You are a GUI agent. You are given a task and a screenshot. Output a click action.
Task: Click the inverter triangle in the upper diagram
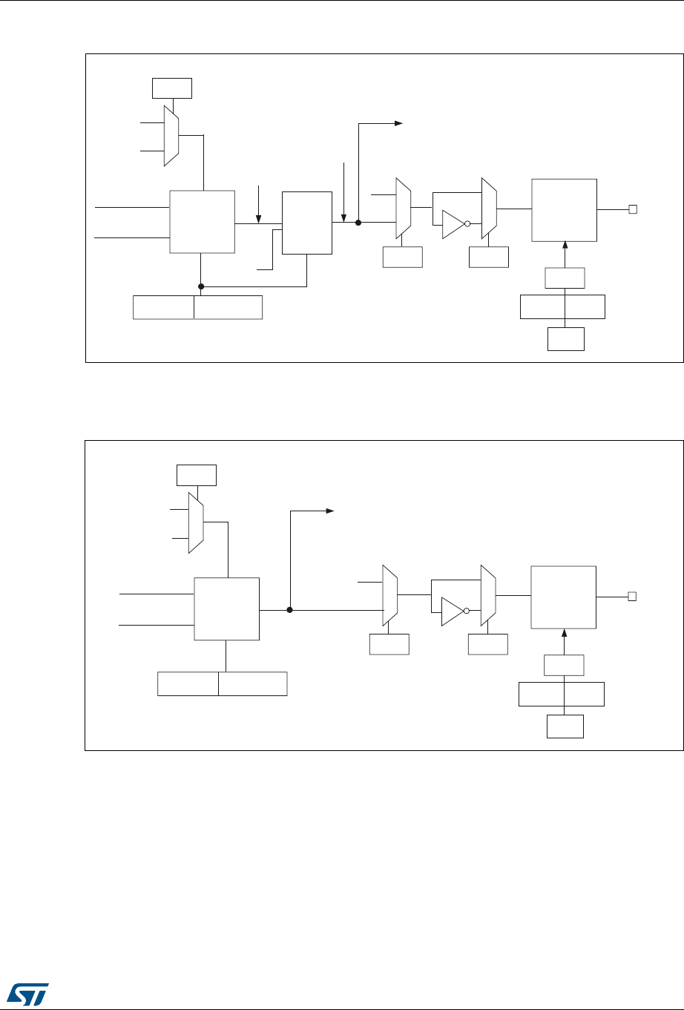coord(451,224)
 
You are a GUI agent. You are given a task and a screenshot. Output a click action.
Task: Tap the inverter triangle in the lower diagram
coord(451,611)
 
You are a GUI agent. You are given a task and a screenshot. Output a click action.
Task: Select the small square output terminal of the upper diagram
coord(633,209)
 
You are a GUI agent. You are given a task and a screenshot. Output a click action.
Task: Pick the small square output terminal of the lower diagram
coord(633,596)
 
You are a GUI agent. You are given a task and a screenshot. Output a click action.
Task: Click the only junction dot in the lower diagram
coord(290,610)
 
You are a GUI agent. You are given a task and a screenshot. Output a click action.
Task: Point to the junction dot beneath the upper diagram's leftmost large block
coord(201,286)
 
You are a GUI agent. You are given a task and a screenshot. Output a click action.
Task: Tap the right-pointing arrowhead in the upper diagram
coord(398,123)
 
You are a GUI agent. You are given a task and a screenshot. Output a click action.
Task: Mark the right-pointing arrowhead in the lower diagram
coord(331,511)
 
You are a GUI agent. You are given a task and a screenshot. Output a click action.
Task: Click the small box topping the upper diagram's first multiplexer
coord(171,88)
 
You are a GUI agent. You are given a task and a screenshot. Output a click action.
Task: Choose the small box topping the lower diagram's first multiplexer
coord(197,475)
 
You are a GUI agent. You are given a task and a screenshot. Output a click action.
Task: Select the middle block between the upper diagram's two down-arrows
coord(307,223)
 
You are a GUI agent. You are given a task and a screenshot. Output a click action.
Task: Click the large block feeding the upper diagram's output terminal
coord(565,209)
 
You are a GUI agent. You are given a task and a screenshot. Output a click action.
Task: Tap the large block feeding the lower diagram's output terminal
coord(564,597)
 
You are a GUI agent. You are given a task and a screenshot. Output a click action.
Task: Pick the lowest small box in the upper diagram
coord(565,338)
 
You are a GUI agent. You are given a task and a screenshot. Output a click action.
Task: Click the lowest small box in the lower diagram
coord(565,726)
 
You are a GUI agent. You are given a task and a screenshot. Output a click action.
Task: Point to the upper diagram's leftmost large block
coord(203,222)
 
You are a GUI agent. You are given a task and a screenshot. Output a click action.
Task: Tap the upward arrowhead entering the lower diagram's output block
coord(565,633)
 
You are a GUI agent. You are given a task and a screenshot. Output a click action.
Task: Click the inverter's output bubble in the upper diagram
coord(468,224)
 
